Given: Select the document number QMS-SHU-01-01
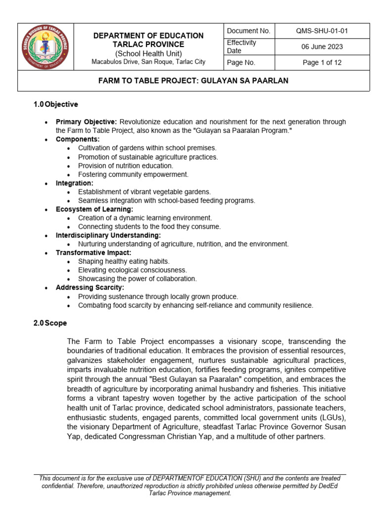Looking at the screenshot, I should [322, 31].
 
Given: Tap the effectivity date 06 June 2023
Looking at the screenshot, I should [322, 47].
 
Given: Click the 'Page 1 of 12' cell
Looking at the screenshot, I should [322, 63].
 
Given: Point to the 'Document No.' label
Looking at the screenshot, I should [248, 31].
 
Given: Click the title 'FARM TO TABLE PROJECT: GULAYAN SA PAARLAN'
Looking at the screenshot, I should [193, 81].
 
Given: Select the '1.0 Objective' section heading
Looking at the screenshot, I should [55, 104].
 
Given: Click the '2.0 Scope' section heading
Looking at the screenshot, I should [50, 323].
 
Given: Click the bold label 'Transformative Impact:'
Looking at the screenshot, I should [94, 253].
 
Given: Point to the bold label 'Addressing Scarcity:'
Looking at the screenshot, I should [90, 288].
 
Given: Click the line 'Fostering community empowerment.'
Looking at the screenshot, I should [133, 174].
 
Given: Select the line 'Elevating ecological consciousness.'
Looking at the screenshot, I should [132, 270].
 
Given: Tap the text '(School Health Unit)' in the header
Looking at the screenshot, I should [148, 53].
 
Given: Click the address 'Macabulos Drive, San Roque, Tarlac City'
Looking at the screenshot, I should [148, 62].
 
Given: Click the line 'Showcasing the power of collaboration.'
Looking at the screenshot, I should [137, 279].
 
